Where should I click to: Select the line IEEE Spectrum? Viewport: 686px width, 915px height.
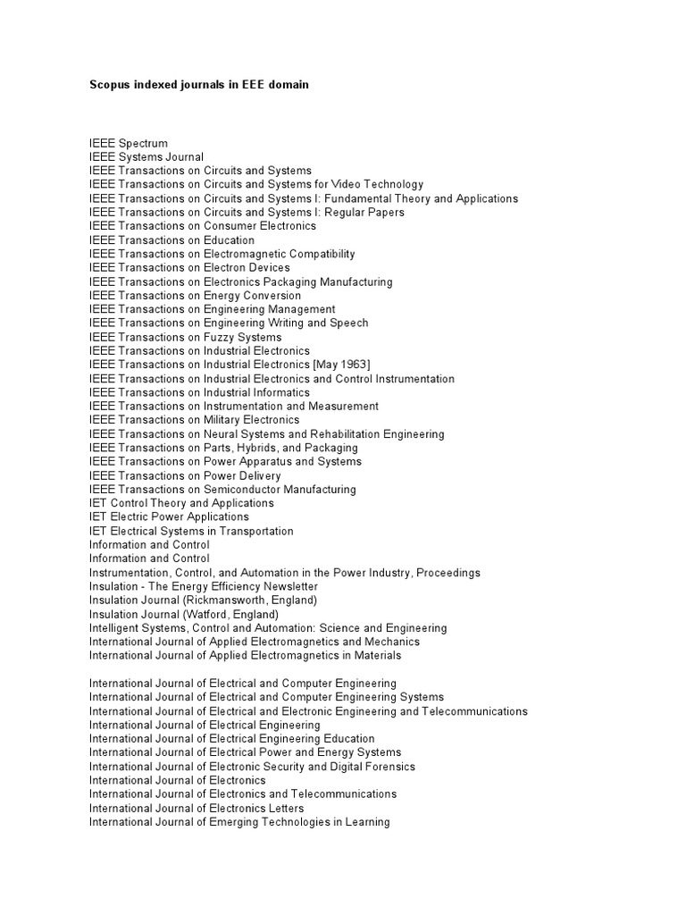pos(128,143)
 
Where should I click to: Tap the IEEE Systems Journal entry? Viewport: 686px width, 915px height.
pos(146,156)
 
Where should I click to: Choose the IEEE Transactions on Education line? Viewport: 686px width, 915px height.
pos(171,239)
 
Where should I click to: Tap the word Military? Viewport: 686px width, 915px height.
pos(226,420)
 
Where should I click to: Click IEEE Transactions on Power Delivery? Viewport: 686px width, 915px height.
pos(185,475)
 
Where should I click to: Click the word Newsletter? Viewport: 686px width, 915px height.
pos(287,586)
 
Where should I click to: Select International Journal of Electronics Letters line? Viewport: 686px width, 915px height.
pos(197,808)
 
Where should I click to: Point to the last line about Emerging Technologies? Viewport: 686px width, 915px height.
pos(239,822)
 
